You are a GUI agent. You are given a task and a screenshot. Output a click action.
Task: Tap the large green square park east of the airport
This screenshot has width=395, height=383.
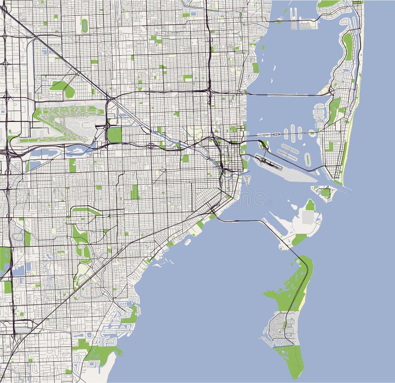(x=115, y=134)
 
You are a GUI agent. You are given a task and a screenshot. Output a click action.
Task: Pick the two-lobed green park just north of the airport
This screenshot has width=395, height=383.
(x=63, y=88)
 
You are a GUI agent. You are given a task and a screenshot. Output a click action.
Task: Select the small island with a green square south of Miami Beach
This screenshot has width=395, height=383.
(x=325, y=192)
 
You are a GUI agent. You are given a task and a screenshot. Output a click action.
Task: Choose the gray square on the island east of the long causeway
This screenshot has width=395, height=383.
(x=308, y=218)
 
